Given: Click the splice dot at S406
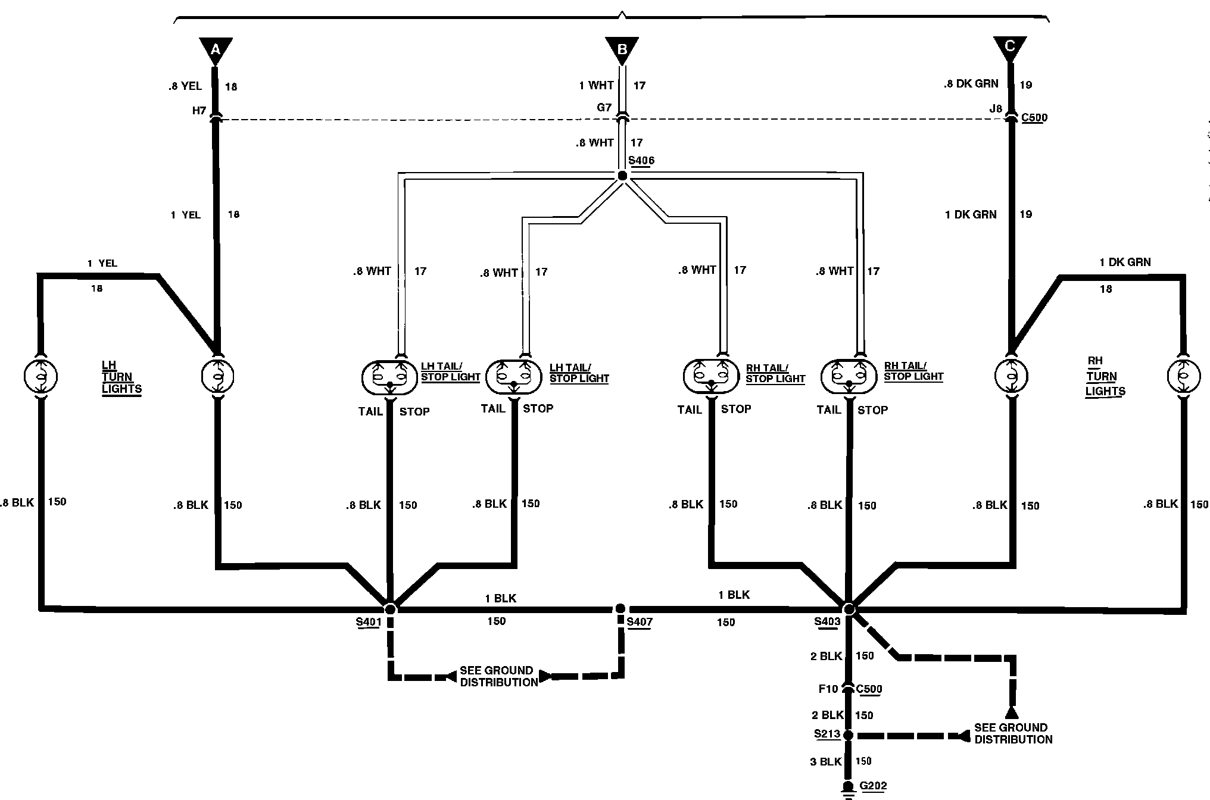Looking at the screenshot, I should pos(622,176).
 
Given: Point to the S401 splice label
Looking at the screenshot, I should pos(368,623).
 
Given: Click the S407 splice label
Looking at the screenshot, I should pos(640,623).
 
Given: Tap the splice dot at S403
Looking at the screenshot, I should pos(849,609).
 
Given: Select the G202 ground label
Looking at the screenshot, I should pos(873,786).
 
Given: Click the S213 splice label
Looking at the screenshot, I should pos(827,735).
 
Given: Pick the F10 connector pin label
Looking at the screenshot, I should pos(828,689).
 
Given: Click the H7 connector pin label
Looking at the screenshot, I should pos(199,111).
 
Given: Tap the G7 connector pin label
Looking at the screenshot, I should pos(604,108).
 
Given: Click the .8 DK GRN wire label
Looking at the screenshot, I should pos(971,84).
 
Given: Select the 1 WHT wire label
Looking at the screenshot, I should pos(596,86).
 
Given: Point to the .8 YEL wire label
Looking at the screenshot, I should pos(185,86).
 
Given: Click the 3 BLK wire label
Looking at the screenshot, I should pos(825,761).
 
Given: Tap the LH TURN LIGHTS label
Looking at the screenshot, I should pos(121,377).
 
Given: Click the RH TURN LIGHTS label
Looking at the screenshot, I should pos(1105,376).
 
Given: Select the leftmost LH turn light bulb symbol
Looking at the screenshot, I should pos(40,376).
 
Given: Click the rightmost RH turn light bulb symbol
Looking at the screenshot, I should pos(1183,376).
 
